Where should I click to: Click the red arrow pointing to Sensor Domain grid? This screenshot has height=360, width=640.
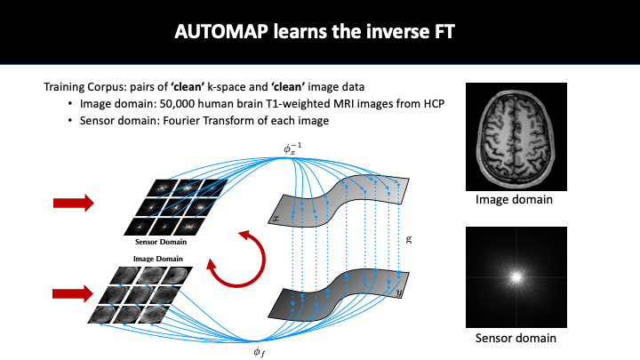73,204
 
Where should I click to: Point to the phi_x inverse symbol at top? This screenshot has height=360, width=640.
292,148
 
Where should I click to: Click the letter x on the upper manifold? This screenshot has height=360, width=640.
277,218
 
